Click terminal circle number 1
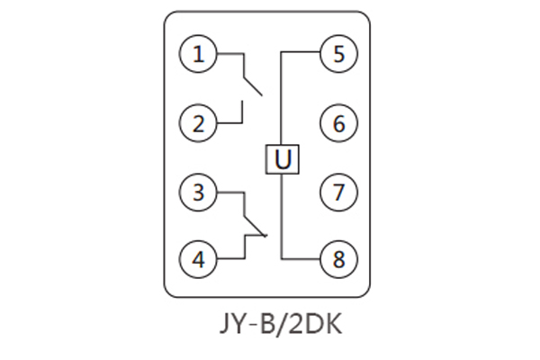point(198,54)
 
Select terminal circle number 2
point(198,123)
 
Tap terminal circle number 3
point(198,192)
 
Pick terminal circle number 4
point(198,259)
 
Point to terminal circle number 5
point(338,54)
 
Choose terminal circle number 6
point(338,123)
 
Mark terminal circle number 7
point(338,192)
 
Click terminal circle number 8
point(338,259)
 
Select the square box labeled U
point(283,159)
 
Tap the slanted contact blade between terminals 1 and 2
point(252,85)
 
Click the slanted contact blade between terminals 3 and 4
point(255,225)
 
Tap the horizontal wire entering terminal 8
point(301,259)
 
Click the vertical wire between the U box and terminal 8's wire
point(283,216)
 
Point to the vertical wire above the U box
point(283,99)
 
